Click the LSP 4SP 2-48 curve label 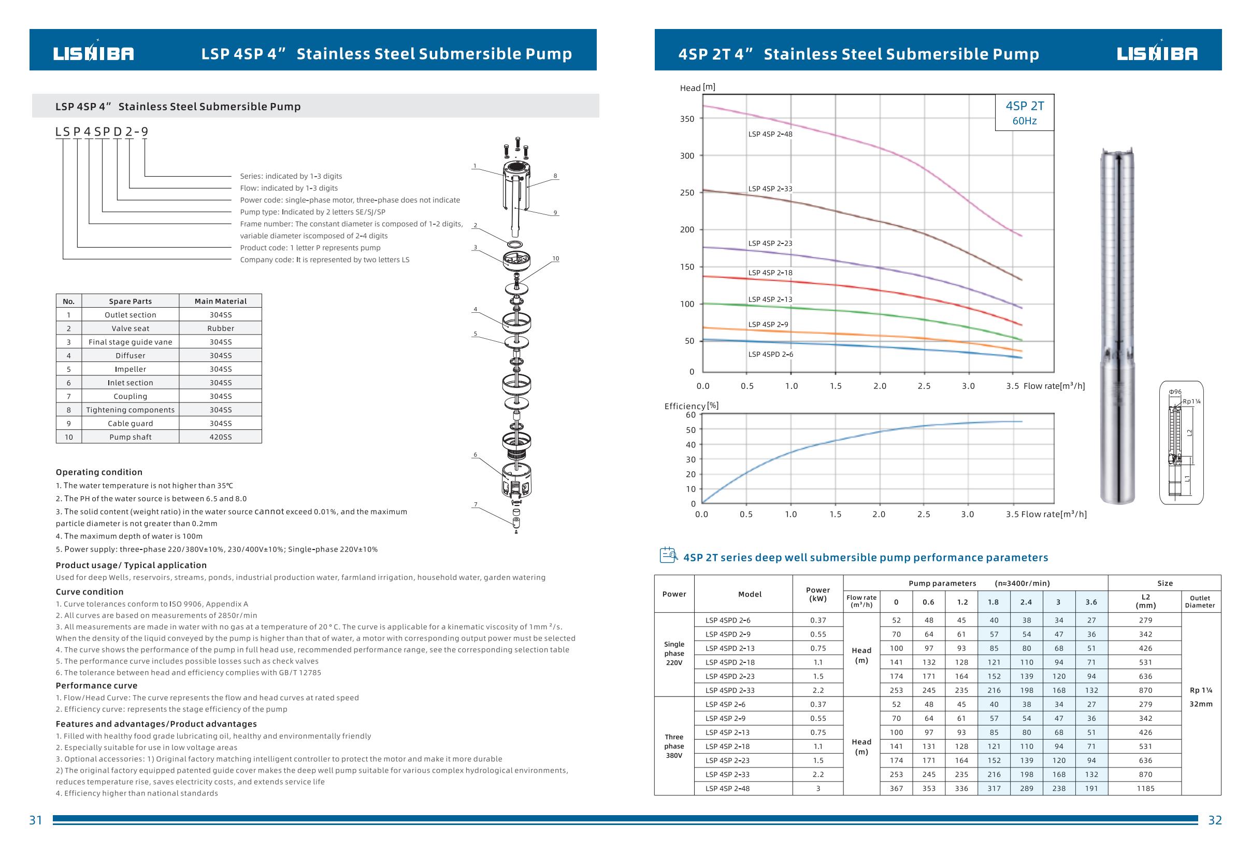(770, 134)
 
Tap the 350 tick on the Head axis (687, 119)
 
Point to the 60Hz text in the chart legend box (1025, 121)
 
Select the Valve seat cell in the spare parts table (130, 328)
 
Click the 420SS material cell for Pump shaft (220, 437)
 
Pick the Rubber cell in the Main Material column (220, 328)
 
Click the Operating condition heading (99, 472)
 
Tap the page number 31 (36, 820)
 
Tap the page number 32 (1215, 820)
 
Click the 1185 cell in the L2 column (1145, 788)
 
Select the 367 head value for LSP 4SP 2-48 (896, 788)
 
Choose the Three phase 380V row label (674, 746)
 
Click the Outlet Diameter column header (1200, 601)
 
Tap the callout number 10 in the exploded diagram (555, 259)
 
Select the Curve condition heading (89, 592)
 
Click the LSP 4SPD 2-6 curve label (770, 355)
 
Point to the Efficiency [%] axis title (691, 406)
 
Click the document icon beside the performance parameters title (669, 555)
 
